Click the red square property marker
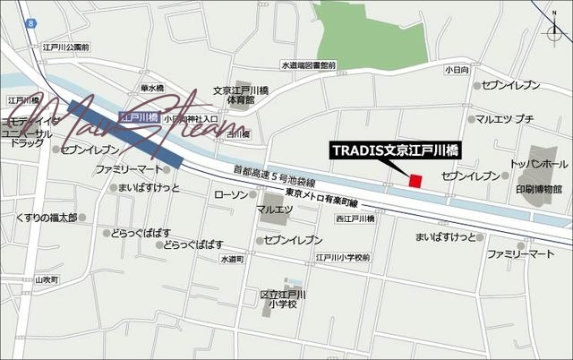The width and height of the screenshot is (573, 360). tap(415, 181)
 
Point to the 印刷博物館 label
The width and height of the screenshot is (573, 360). tap(539, 189)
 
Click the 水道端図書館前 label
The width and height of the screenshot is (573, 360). tap(308, 65)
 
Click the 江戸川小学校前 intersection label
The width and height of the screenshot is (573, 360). tap(342, 258)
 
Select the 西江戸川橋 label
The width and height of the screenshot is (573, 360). tap(354, 219)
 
